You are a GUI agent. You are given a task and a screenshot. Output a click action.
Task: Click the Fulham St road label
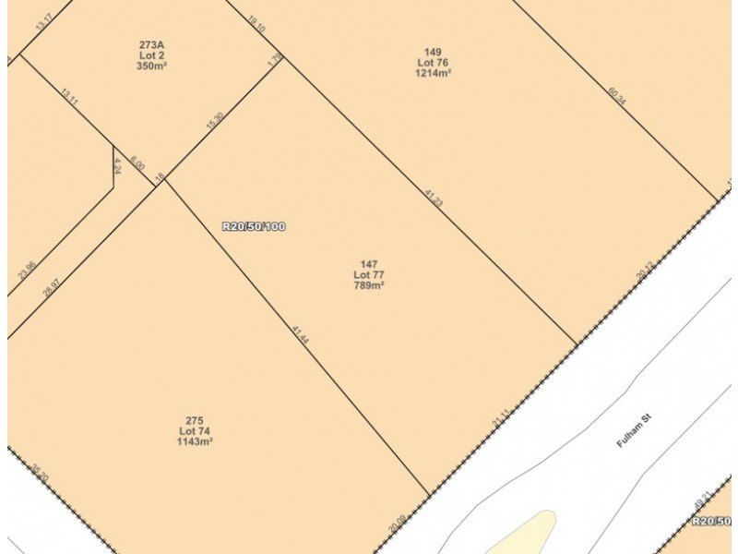tap(634, 431)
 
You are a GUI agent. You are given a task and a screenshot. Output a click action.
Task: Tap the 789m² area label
tap(369, 286)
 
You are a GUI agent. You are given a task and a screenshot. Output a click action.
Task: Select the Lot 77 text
tap(369, 275)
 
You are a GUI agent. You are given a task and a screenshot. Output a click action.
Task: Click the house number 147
tap(369, 264)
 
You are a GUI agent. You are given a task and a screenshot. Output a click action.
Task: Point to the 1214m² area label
tap(433, 73)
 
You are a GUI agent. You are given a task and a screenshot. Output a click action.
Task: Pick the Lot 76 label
tap(433, 62)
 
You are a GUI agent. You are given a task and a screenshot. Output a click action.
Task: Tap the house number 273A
tap(152, 44)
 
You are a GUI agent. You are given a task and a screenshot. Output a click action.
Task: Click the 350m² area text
tap(152, 66)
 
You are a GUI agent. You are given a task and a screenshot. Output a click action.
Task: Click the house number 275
tap(195, 420)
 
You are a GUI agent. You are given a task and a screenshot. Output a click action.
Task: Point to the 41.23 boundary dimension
tap(434, 197)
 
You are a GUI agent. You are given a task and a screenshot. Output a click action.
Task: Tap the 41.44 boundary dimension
tap(299, 335)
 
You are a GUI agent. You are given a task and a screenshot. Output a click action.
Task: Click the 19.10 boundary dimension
tap(256, 23)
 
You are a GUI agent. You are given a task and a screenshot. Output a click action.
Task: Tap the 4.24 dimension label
tap(117, 165)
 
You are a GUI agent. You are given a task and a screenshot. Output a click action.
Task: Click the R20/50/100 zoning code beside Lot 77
tap(254, 226)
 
